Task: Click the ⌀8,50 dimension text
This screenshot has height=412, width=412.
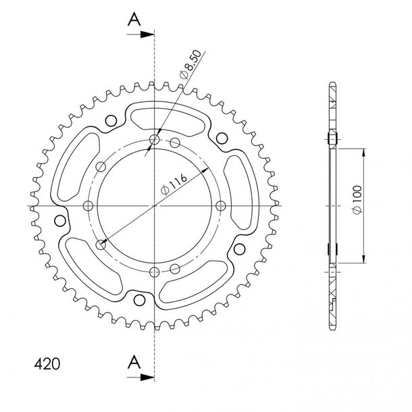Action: (x=190, y=64)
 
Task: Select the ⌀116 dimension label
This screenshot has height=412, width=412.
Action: (x=174, y=184)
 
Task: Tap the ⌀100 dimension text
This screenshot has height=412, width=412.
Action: (x=357, y=200)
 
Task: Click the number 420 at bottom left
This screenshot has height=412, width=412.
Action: (x=47, y=364)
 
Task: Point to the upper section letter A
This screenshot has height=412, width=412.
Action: (x=134, y=19)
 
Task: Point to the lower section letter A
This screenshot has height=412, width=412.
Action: (x=134, y=361)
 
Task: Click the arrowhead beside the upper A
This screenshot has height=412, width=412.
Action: (x=147, y=34)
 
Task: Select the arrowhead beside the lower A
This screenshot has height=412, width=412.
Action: (x=147, y=378)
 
